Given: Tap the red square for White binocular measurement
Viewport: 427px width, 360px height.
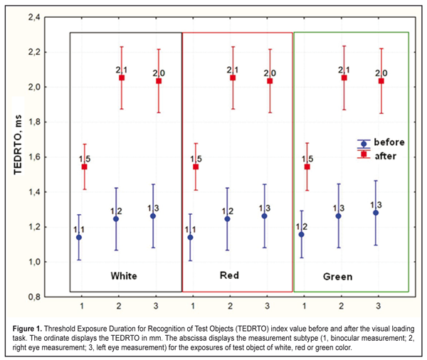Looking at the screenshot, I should click(x=84, y=167).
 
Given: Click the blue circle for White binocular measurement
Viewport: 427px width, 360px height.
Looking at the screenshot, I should click(x=79, y=237).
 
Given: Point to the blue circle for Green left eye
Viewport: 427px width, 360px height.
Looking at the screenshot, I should click(x=376, y=213).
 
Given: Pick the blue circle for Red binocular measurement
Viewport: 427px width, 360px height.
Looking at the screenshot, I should click(x=191, y=237).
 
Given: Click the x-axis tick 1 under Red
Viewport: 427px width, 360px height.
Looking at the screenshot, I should click(x=193, y=307).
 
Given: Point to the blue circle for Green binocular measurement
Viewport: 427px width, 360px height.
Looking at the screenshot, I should click(x=302, y=234).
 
